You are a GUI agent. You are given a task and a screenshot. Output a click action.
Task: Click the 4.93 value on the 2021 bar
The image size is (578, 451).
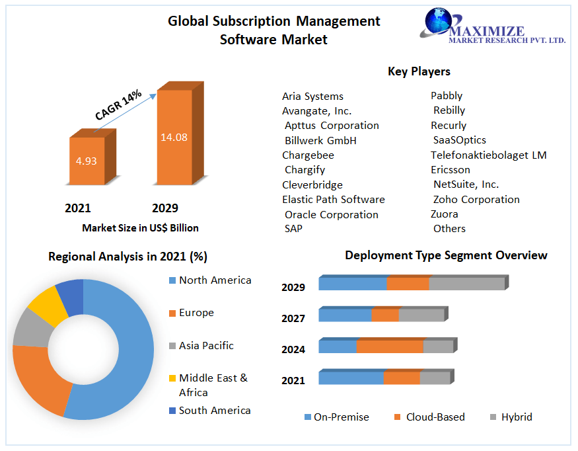point(87,161)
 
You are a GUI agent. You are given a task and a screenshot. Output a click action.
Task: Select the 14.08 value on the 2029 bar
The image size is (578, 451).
point(174,138)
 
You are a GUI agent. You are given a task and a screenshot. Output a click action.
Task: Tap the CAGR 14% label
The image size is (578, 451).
point(118,104)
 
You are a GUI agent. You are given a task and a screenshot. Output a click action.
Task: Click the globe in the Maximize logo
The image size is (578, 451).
point(438,22)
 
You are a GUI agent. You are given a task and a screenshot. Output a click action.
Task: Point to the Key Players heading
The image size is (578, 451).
point(419,71)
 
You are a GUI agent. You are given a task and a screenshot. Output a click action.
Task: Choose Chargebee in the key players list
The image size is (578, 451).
point(308,155)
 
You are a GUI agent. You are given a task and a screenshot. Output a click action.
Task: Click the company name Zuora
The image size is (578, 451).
point(444,214)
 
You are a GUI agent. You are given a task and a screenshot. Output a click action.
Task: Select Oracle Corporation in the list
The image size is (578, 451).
point(332,215)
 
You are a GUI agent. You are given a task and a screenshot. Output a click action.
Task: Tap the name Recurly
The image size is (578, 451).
point(449,126)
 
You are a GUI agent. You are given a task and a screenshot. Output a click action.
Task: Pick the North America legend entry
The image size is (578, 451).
point(215,280)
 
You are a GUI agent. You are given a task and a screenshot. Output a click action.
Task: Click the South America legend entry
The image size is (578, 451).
point(215,411)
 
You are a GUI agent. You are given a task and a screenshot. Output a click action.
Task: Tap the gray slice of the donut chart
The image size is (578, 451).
point(29,328)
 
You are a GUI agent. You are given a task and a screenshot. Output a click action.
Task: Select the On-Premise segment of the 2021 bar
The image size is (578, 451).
point(351,378)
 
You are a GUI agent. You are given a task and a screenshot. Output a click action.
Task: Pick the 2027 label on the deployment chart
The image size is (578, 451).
point(293,319)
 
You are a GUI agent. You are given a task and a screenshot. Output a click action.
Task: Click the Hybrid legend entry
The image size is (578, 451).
point(516,417)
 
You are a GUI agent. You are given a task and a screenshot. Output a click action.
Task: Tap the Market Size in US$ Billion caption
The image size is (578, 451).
point(140,228)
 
